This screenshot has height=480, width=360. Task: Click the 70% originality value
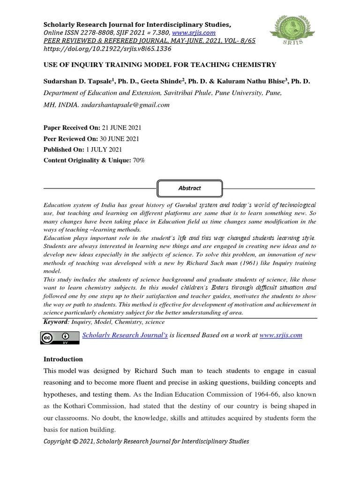point(138,160)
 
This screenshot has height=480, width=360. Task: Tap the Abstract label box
point(190,188)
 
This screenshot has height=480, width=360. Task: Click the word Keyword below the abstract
point(56,322)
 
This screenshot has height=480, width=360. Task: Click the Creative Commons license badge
point(60,337)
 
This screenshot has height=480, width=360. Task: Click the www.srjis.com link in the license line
point(280,335)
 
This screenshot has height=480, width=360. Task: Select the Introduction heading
point(63,359)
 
